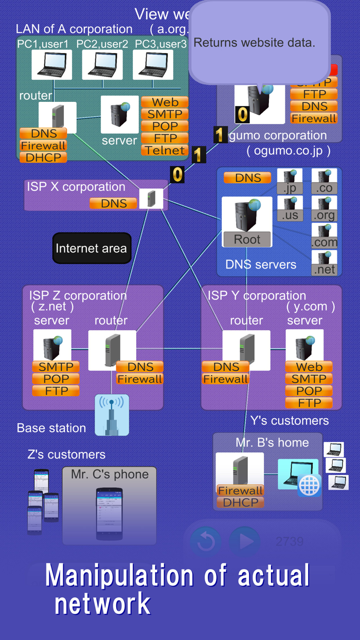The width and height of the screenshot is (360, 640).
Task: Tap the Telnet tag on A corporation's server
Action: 165,150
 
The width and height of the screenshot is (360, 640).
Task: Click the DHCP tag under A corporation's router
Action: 44,157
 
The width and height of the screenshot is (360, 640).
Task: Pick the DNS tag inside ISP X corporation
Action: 113,203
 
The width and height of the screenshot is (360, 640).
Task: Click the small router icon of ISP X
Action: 151,199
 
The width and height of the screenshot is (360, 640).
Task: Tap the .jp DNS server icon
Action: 290,181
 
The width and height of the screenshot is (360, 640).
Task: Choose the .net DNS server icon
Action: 325,263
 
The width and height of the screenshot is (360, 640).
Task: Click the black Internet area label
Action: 92,248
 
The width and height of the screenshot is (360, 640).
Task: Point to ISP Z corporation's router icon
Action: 112,350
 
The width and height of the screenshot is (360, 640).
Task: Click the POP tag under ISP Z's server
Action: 56,379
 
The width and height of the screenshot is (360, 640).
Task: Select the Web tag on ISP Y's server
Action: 309,367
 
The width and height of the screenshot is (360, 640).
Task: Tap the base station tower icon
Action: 112,415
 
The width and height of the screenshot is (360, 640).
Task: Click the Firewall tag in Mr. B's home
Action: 240,490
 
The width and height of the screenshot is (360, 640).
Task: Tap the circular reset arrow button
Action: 206,541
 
